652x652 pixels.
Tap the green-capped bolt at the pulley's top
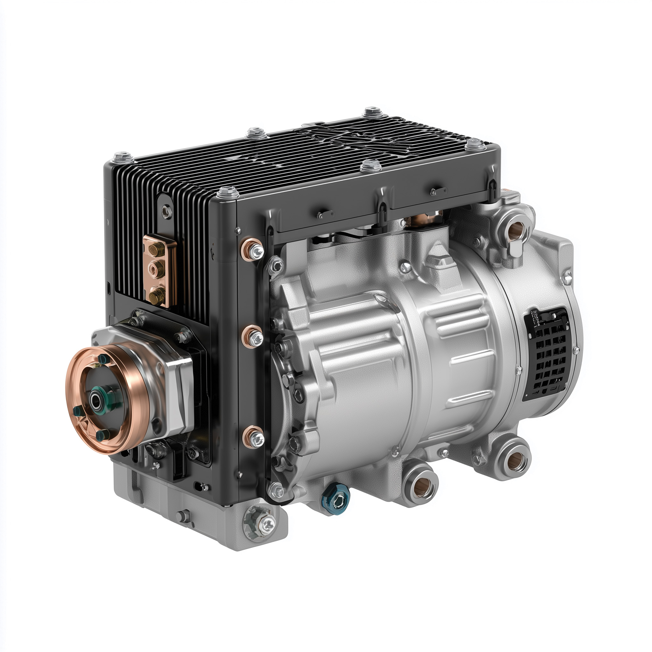pos(102,360)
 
